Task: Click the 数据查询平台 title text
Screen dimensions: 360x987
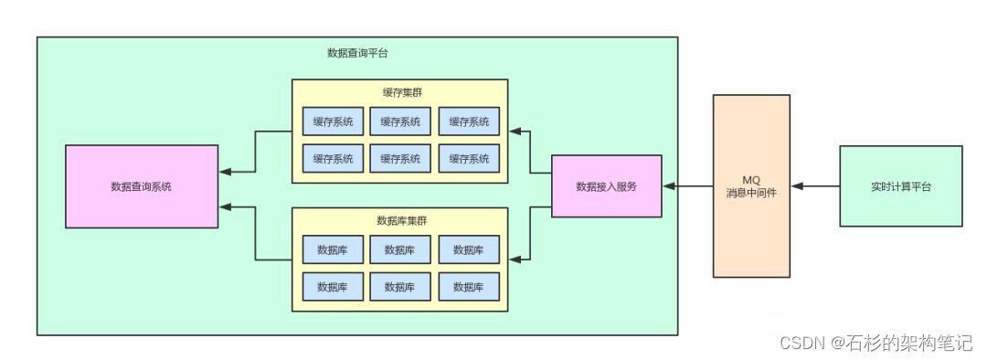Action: (357, 53)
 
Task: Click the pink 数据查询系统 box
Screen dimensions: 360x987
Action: (142, 186)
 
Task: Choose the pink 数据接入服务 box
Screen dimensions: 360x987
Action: (606, 186)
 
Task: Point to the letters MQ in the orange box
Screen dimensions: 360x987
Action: (750, 180)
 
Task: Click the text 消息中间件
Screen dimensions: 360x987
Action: (750, 194)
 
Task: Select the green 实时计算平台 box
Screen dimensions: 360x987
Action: (900, 186)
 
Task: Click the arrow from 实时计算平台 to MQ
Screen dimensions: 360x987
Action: (815, 186)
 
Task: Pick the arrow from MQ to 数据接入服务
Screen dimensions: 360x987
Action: (688, 186)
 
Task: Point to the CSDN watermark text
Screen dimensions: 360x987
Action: (801, 343)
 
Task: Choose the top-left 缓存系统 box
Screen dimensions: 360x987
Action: (333, 122)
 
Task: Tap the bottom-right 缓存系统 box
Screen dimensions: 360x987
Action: (469, 158)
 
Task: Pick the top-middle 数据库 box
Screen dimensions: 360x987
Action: (400, 249)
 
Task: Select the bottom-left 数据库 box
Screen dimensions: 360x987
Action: (333, 286)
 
